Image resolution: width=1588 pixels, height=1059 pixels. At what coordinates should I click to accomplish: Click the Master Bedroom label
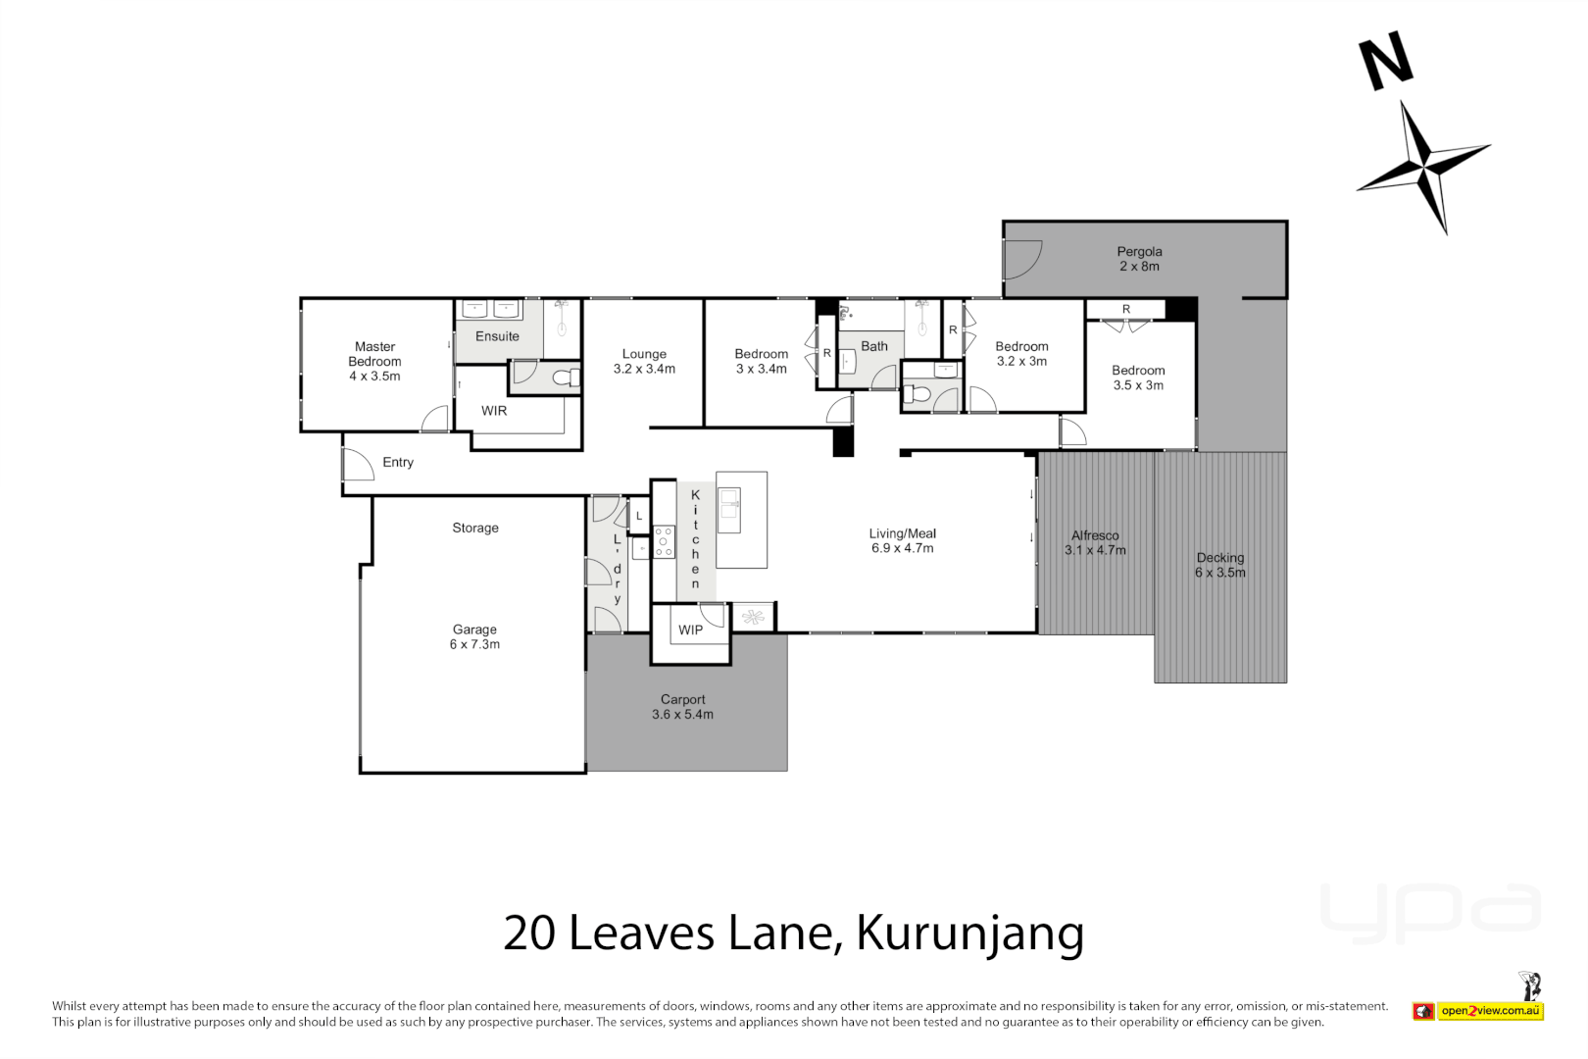coord(374,361)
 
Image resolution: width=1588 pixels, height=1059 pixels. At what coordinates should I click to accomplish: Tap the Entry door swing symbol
coord(358,463)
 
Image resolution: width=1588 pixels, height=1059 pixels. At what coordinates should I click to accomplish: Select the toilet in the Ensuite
coord(564,378)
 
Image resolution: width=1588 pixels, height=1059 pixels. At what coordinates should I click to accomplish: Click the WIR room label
coord(494,411)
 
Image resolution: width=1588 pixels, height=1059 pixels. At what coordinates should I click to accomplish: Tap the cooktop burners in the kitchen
coord(664,541)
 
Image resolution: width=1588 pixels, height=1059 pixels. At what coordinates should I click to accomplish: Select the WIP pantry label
coord(690,630)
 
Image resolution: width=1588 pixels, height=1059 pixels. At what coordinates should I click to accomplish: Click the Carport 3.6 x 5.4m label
coord(682,707)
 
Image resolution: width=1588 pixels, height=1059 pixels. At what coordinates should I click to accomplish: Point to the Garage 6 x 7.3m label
coord(474,637)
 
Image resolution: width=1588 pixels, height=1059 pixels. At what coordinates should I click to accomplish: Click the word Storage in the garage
coord(475,528)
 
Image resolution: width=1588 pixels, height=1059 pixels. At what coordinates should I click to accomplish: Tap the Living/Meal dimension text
coord(902,548)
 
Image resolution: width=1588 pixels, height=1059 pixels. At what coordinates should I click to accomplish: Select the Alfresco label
coord(1095,535)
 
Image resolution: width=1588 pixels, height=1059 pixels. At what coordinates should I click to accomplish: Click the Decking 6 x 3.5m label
coord(1219,565)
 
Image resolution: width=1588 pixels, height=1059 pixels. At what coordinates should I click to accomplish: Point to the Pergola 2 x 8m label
coord(1139,259)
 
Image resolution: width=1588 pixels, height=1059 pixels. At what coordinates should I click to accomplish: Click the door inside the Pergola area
coord(1021,259)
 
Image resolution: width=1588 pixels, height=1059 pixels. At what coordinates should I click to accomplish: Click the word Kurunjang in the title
coord(969,933)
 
